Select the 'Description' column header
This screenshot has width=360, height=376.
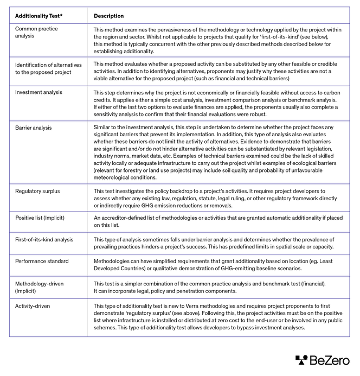pyautogui.click(x=108, y=16)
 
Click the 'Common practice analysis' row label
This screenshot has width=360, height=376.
pyautogui.click(x=36, y=32)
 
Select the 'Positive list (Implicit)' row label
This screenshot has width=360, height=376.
pyautogui.click(x=42, y=217)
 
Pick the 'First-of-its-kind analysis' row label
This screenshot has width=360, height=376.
pyautogui.click(x=44, y=239)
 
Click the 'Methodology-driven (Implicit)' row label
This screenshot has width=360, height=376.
pyautogui.click(x=39, y=287)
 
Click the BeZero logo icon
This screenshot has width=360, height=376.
pyautogui.click(x=301, y=360)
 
